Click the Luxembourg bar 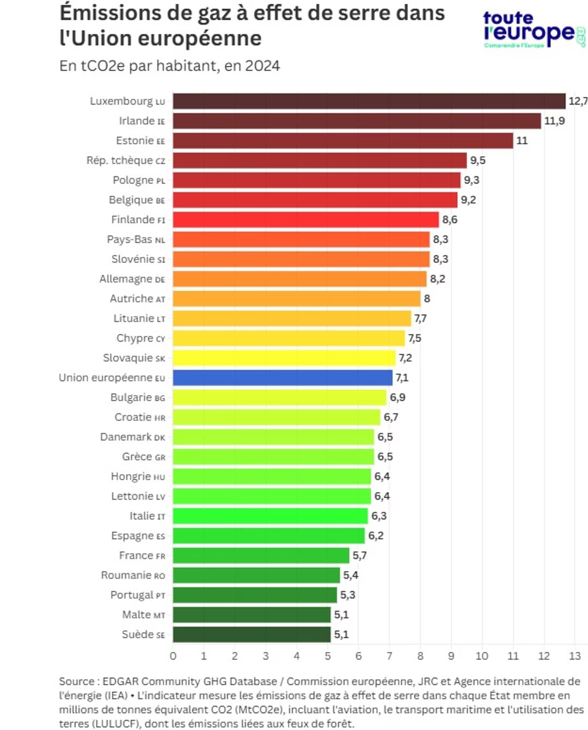click(x=369, y=101)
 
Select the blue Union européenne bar click(x=283, y=378)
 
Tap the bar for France click(x=261, y=556)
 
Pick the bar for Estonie click(x=343, y=141)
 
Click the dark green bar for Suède click(x=252, y=635)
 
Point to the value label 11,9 click(x=554, y=121)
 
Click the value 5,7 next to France click(x=359, y=556)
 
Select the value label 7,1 click(x=402, y=378)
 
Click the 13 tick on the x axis click(x=575, y=656)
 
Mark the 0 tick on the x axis click(x=173, y=656)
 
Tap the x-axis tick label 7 click(x=389, y=656)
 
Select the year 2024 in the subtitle click(x=262, y=66)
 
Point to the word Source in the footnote click(x=76, y=682)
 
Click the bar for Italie click(x=270, y=516)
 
